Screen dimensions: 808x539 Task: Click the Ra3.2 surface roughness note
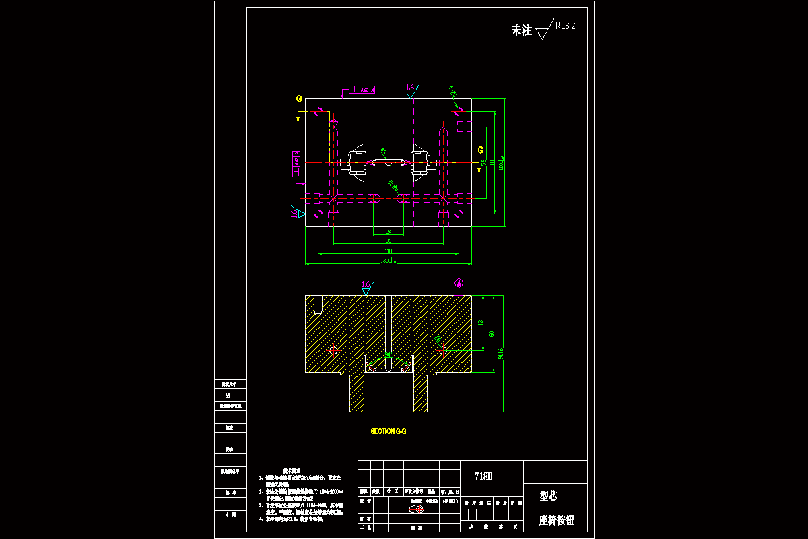click(x=566, y=26)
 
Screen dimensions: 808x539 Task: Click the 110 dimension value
click(x=389, y=251)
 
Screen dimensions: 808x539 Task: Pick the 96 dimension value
click(x=389, y=241)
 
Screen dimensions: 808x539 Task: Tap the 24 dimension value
click(x=389, y=232)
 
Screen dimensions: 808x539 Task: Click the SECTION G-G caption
click(x=389, y=431)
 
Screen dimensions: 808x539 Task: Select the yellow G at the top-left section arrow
click(x=298, y=99)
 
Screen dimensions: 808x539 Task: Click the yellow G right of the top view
click(x=480, y=149)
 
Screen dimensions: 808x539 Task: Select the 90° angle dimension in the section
click(x=388, y=356)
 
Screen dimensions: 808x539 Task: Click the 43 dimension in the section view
click(x=480, y=323)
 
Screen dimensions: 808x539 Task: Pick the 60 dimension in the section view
click(x=492, y=334)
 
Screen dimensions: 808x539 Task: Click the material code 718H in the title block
click(x=483, y=476)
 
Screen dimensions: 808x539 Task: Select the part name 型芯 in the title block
click(x=549, y=497)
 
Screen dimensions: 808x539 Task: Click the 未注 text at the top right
click(x=522, y=30)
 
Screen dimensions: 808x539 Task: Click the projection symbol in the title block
click(x=417, y=509)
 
